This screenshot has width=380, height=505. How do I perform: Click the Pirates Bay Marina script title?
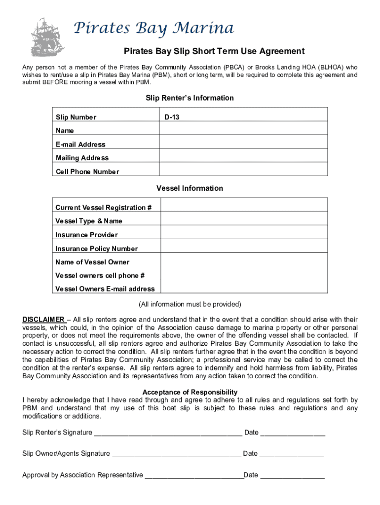[153, 29]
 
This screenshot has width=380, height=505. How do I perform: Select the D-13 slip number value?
[172, 117]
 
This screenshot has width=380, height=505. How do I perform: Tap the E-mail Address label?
[80, 144]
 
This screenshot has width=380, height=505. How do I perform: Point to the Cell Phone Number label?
[87, 172]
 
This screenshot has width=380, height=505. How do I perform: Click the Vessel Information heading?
[190, 188]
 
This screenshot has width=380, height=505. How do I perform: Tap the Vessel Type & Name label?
[89, 221]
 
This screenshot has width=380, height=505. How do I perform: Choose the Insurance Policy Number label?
[97, 249]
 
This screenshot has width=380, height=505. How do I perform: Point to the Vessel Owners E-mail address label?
[105, 289]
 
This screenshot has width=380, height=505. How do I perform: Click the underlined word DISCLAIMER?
[43, 319]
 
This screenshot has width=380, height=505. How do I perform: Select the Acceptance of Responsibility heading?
[190, 392]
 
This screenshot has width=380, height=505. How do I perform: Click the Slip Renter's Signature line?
[168, 433]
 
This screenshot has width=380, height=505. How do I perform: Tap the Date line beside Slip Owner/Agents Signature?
[291, 454]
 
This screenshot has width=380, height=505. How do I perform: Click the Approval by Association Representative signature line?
[194, 476]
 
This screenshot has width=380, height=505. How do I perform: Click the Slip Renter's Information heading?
[190, 98]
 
